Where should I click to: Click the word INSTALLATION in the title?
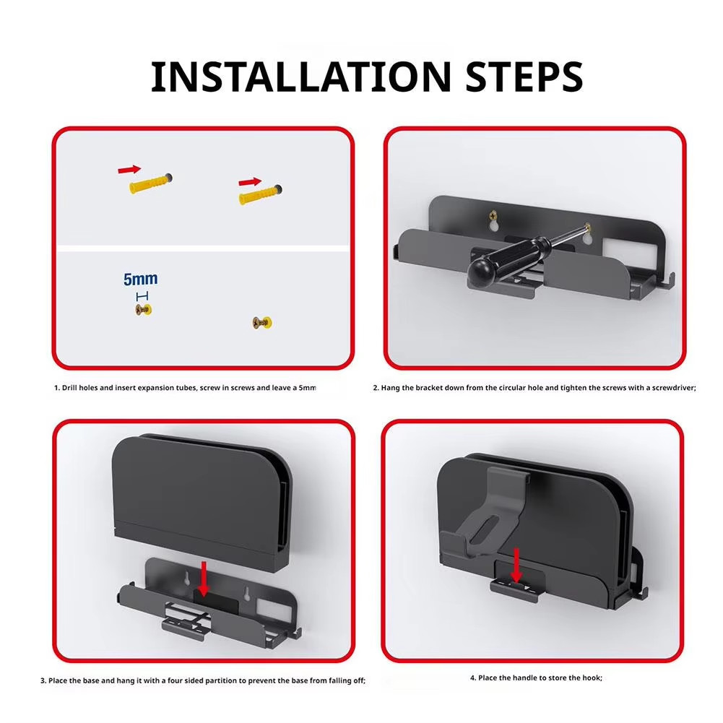301,77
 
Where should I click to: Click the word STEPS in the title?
524,77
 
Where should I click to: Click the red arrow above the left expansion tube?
129,169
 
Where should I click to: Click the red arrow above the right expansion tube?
250,182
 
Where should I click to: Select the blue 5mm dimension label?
141,279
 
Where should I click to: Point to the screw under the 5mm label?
144,310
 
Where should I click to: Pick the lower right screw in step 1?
262,323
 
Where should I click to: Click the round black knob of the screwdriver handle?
481,270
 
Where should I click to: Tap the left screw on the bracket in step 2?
493,215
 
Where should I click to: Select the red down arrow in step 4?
516,566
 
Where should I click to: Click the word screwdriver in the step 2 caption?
674,388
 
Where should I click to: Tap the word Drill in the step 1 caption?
69,388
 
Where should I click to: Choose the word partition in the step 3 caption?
220,680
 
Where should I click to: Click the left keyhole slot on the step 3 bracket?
188,579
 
